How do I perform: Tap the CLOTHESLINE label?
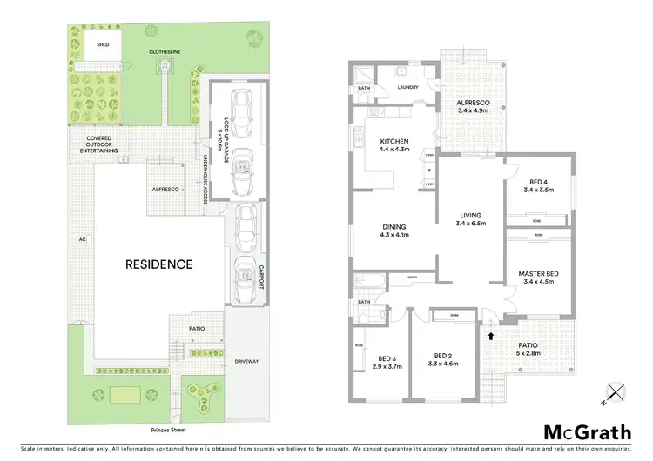tap(165, 51)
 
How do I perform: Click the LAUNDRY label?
tap(408, 87)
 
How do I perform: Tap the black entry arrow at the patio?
tap(491, 334)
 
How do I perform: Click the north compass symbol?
tap(616, 394)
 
